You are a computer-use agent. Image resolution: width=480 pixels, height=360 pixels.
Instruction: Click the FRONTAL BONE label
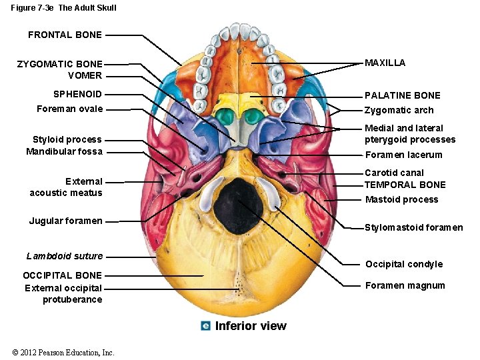point(65,35)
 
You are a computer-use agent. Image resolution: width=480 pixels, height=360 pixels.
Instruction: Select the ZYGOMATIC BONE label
point(60,64)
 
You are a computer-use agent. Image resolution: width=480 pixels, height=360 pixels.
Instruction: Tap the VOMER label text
point(85,75)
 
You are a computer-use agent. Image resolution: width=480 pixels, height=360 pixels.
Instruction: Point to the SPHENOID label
point(77,94)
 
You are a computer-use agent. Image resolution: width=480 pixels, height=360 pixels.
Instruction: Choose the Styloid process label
point(67,139)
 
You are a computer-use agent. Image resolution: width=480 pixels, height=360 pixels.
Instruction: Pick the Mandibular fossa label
point(64,151)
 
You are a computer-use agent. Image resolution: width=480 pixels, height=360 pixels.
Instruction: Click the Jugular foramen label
point(65,221)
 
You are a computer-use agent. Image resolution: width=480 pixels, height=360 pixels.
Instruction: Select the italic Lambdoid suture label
point(65,256)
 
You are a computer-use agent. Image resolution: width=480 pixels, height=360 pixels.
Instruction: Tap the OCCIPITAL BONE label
point(62,275)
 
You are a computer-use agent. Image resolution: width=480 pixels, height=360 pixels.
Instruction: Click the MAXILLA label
point(385,63)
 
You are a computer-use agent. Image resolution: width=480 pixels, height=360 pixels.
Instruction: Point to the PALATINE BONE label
point(402,95)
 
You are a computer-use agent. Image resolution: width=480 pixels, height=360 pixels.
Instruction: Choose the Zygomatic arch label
point(399,111)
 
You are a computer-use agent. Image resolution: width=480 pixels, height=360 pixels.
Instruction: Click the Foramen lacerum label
point(403,155)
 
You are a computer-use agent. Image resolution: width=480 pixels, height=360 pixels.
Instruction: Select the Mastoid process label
point(401,199)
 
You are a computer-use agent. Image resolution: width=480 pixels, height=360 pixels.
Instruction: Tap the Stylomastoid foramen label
point(413,227)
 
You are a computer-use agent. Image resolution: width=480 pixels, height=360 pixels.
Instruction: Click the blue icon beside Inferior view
point(205,326)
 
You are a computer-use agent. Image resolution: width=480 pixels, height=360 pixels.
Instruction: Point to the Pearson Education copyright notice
point(63,353)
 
